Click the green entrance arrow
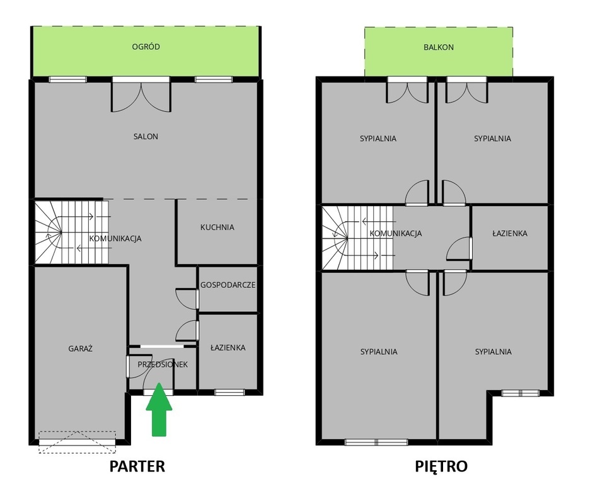159,410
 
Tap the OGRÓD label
146,47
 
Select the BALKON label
439,47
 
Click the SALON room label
146,137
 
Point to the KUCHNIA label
217,228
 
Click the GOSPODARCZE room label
228,285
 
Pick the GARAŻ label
81,349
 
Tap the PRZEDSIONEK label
163,364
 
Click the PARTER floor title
137,466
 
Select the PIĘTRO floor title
441,466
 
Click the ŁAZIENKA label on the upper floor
510,233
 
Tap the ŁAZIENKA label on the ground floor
228,347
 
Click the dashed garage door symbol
78,442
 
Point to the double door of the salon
141,95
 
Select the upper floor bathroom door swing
459,248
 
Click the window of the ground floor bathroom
229,392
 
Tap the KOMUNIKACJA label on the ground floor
115,239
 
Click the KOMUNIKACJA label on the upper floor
395,233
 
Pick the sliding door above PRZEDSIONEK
162,346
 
